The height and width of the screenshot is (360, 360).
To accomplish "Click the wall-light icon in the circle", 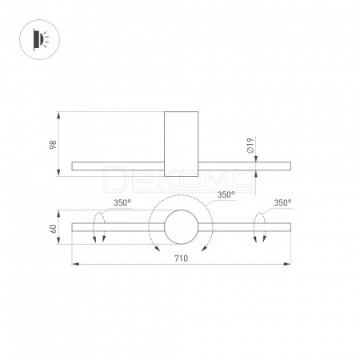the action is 40,39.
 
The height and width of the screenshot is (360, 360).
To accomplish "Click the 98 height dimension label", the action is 54,144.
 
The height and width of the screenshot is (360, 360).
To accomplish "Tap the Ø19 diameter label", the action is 250,146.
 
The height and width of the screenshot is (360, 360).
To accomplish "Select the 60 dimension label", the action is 54,229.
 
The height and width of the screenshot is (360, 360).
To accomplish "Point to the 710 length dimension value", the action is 181,258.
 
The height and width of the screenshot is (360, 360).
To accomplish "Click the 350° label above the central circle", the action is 226,194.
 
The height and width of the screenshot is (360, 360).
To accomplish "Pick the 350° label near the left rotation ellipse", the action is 122,202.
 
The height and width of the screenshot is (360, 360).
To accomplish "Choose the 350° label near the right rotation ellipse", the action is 282,202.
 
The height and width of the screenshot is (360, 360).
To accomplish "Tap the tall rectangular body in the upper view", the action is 181,144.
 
